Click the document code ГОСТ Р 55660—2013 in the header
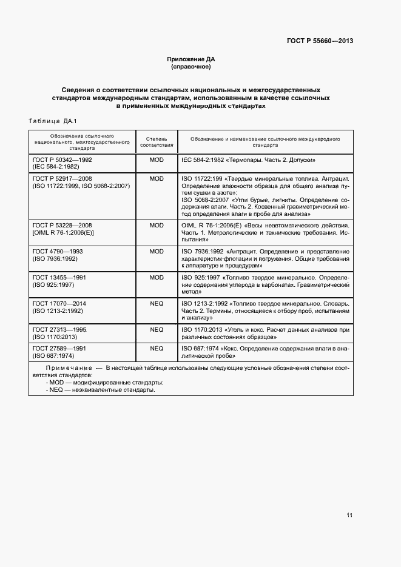click(320, 41)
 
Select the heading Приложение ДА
click(191, 59)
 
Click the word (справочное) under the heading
click(191, 66)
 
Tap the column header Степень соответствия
click(157, 142)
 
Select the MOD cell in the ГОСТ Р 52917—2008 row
click(157, 179)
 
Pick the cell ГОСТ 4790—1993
click(58, 250)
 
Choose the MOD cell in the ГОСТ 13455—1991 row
click(157, 277)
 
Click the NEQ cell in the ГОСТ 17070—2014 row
click(157, 303)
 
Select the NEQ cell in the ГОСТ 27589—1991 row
click(157, 349)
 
